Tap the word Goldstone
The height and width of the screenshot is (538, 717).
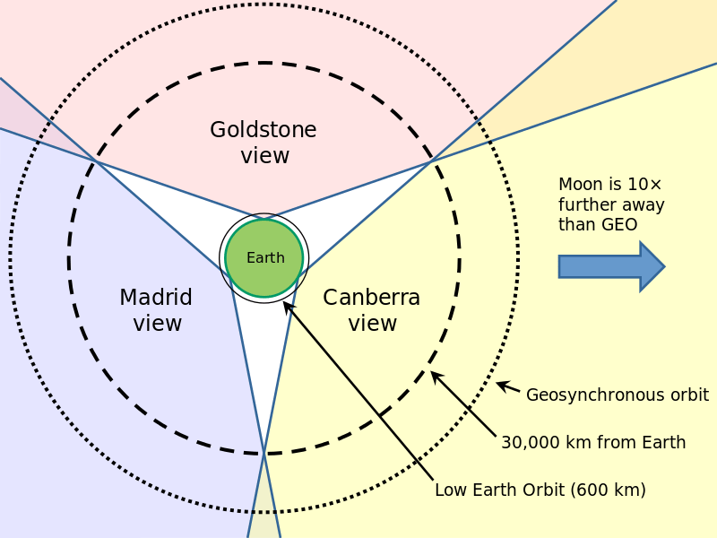tap(263, 130)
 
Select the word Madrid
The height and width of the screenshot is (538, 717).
tap(156, 298)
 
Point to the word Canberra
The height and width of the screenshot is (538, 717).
tap(371, 298)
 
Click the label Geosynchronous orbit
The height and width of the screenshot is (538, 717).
tap(617, 395)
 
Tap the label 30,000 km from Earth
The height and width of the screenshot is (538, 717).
tap(593, 442)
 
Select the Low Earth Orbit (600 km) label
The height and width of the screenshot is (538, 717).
tap(540, 490)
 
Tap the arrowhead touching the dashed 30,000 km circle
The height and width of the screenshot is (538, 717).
tap(436, 376)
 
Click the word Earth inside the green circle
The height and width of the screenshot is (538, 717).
tap(265, 258)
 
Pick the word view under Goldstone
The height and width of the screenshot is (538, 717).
tap(264, 156)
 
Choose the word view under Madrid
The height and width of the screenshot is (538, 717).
tap(158, 324)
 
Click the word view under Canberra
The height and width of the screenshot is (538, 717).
tap(372, 324)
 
